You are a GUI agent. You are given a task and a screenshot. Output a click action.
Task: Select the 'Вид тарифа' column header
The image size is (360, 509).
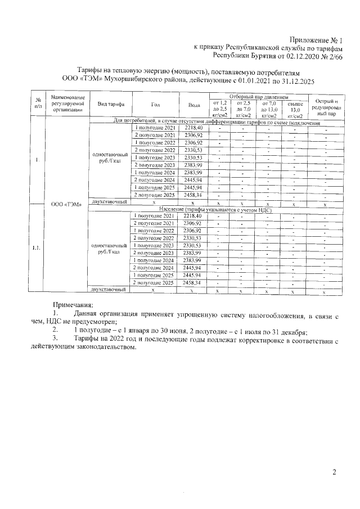(x=110, y=105)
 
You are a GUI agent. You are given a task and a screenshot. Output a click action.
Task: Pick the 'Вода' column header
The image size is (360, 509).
(x=192, y=105)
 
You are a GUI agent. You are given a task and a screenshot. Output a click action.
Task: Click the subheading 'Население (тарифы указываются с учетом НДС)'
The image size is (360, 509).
(x=215, y=209)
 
